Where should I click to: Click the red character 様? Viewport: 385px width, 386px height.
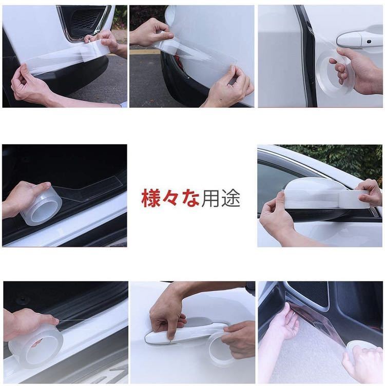pyautogui.click(x=150, y=198)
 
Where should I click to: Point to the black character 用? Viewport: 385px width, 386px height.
pyautogui.click(x=210, y=198)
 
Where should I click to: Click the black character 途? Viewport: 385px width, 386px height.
pyautogui.click(x=230, y=198)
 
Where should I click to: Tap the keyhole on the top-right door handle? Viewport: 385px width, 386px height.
pyautogui.click(x=369, y=42)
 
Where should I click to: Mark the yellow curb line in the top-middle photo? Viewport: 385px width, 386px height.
pyautogui.click(x=145, y=52)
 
